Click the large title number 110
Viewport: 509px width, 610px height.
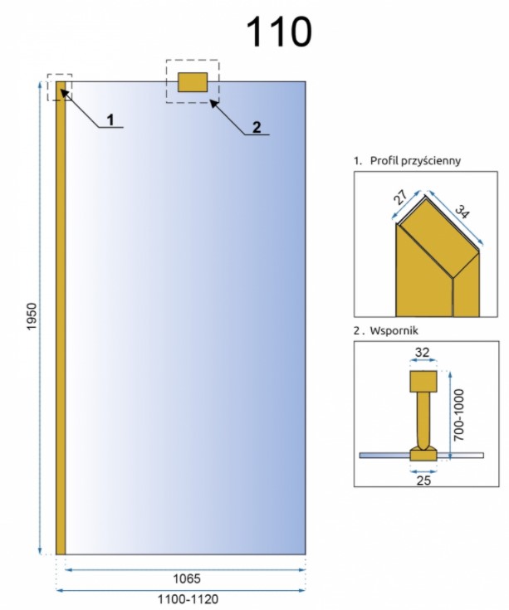point(279,32)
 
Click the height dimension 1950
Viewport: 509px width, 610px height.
point(32,316)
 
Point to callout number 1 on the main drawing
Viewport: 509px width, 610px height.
point(109,120)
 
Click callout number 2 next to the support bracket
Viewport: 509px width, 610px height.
point(257,127)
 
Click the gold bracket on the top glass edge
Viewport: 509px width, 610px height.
point(192,81)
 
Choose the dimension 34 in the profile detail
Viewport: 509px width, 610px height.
point(461,212)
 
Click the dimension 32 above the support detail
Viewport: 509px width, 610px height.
point(423,352)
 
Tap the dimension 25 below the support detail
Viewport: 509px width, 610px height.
point(423,479)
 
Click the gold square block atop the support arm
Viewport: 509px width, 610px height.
point(423,382)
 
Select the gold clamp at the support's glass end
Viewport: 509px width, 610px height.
point(423,453)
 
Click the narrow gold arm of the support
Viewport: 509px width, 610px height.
point(423,419)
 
